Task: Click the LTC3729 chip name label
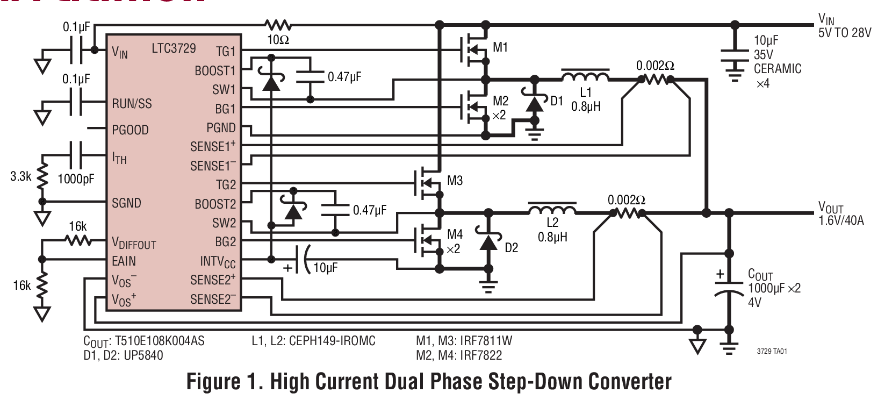point(174,48)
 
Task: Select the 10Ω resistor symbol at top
point(277,25)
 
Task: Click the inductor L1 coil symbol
point(585,76)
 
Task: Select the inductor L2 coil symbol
point(552,209)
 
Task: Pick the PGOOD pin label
point(130,130)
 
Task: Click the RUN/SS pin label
point(132,103)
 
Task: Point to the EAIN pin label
point(124,261)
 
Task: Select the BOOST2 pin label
point(215,204)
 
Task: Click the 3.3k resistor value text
point(20,176)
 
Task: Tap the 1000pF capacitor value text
point(76,178)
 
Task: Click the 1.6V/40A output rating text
point(841,220)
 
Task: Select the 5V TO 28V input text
point(844,32)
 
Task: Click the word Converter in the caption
point(630,381)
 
